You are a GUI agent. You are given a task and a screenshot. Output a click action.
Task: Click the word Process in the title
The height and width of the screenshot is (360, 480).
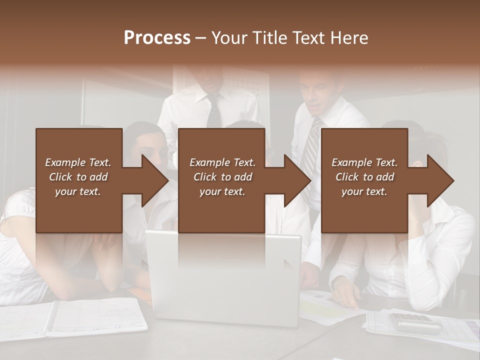[x=157, y=38]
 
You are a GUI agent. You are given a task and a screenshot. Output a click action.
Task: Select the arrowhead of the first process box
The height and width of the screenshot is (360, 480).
[x=155, y=180]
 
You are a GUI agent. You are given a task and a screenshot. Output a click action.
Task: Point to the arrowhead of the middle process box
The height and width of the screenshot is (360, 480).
[x=297, y=180]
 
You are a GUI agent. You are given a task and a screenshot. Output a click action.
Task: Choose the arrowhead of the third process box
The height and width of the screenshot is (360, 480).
[x=440, y=180]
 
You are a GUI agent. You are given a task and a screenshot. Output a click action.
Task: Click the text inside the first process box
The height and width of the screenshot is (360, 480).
[x=78, y=176]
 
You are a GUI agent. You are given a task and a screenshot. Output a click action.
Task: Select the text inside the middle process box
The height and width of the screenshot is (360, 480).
[x=222, y=176]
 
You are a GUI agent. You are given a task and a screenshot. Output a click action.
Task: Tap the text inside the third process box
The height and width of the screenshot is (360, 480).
[x=364, y=176]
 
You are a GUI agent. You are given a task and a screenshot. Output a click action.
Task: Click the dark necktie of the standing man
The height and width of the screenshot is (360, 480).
[x=214, y=112]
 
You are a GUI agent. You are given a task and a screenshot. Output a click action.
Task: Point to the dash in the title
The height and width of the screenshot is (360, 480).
[x=201, y=38]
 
